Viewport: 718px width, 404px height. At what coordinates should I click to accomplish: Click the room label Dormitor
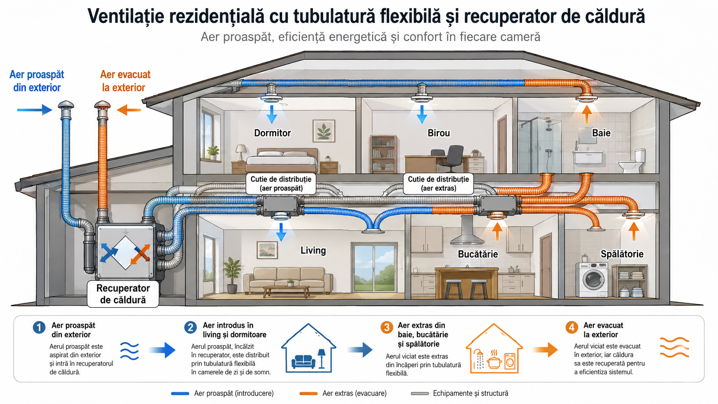coord(272,133)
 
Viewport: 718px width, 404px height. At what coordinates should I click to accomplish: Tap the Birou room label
coord(438,133)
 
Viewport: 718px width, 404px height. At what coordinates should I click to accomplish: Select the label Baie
coord(601,133)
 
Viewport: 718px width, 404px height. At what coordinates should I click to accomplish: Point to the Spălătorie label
coord(622,254)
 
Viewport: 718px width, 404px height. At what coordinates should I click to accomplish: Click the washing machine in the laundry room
coord(592,279)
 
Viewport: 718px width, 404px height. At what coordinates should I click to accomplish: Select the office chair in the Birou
coord(450,158)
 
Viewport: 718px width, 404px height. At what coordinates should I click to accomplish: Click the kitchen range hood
coord(467,230)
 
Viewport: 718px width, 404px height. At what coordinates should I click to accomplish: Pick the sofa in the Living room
coord(288,279)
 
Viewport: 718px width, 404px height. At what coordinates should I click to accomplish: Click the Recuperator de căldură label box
coord(123,294)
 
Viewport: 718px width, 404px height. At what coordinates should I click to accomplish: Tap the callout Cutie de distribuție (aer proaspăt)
coord(281,184)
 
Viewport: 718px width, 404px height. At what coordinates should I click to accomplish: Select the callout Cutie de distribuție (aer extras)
coord(438,184)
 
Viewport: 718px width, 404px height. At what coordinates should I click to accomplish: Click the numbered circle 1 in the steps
coord(39,328)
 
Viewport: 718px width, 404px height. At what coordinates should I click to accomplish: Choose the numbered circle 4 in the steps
coord(572,328)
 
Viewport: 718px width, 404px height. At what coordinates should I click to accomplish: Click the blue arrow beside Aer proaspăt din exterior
coord(35,110)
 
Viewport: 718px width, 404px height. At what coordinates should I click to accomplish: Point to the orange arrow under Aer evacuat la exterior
coord(129,110)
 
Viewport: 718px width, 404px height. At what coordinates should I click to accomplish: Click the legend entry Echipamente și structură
coord(459,393)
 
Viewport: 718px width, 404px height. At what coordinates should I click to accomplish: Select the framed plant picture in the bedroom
coord(324,131)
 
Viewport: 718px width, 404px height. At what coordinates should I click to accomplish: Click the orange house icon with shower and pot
coord(494,349)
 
